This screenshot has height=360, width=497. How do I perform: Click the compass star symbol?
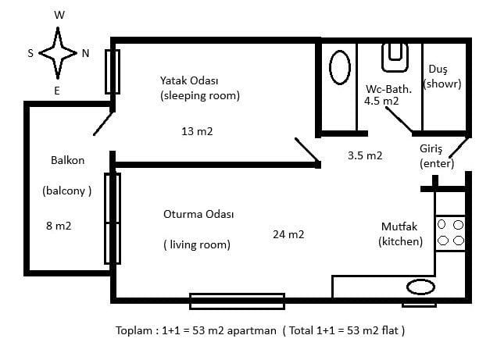coord(58,53)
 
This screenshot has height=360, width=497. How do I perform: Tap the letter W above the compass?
coord(59,15)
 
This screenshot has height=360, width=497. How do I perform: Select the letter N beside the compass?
coord(85,53)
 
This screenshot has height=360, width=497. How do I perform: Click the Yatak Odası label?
coord(189,80)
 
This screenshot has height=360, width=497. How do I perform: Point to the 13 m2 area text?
coord(197,131)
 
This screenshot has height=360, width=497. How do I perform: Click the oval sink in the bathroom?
coord(340,67)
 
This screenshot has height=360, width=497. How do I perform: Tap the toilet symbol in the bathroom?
coord(395,58)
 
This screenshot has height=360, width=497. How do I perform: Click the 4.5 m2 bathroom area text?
coord(381,101)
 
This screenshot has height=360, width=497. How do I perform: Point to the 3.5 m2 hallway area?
coord(365,155)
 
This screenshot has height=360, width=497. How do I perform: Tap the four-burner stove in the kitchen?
coord(450,233)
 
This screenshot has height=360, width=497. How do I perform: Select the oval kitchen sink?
coord(420,287)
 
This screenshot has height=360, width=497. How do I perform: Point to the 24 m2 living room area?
coord(288,234)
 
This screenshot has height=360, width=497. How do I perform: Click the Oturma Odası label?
coord(198,214)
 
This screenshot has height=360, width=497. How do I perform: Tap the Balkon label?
coord(67,160)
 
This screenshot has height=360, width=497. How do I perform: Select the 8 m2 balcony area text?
coord(59,226)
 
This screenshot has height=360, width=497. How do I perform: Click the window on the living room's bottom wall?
coord(237,301)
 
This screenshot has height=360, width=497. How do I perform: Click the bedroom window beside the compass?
coord(113,72)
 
